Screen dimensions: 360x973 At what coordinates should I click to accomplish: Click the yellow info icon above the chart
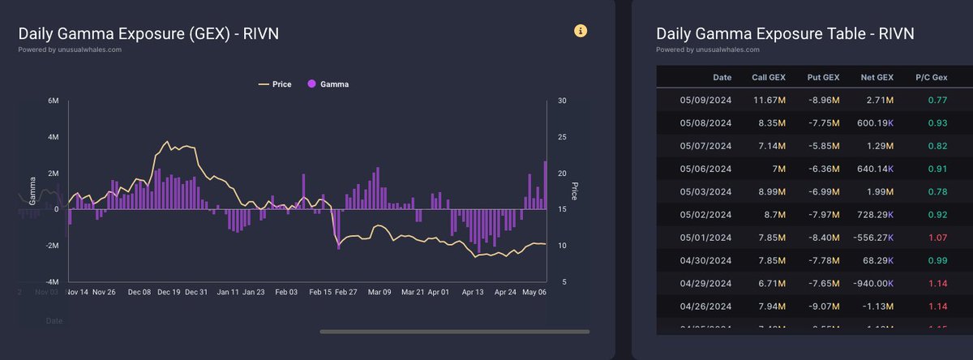click(581, 31)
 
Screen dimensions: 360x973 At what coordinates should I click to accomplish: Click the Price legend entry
click(275, 84)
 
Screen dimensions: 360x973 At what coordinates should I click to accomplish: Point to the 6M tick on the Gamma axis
click(54, 101)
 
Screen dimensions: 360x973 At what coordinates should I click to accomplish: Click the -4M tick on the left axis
click(53, 281)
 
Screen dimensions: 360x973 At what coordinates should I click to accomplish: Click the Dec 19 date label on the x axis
click(169, 292)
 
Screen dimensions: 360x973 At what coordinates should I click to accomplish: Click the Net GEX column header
click(877, 77)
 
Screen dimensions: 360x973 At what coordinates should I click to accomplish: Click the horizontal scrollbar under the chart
click(454, 331)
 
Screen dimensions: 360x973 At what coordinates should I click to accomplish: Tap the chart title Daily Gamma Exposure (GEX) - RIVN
click(149, 33)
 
